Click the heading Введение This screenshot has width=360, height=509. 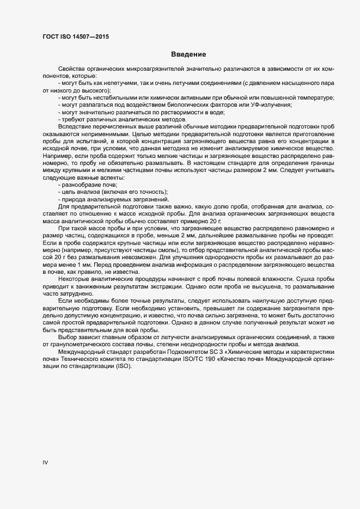(x=188, y=54)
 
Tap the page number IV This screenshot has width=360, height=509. (x=46, y=463)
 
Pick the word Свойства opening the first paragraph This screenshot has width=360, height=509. (x=70, y=70)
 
